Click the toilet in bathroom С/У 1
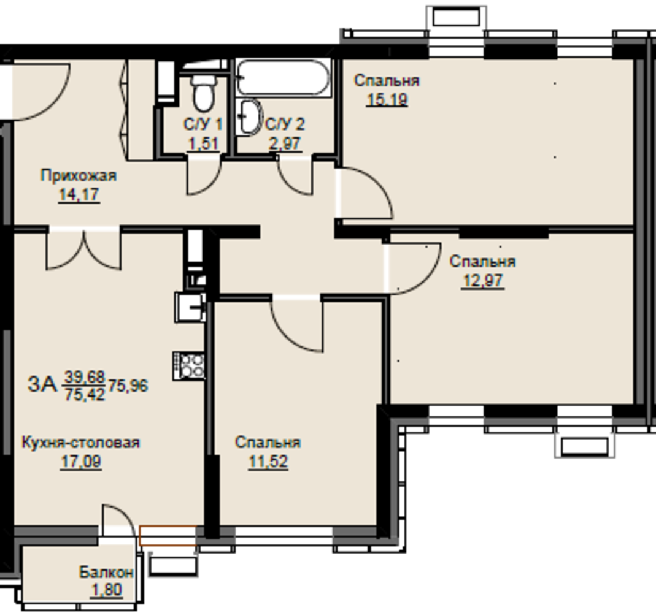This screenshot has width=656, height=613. [x=204, y=93]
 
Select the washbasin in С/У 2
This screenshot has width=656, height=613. [x=249, y=118]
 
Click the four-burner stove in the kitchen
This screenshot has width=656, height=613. [x=188, y=366]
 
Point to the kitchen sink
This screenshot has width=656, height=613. [x=190, y=307]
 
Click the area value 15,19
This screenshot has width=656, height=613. [x=387, y=100]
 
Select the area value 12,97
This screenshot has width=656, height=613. [x=483, y=280]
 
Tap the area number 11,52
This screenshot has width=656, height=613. [x=268, y=462]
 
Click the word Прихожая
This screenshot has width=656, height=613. [x=78, y=175]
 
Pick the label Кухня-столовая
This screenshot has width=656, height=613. [x=81, y=442]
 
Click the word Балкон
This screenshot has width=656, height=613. [x=106, y=572]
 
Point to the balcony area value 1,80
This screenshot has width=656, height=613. [x=107, y=590]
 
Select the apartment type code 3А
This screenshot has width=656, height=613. [x=42, y=384]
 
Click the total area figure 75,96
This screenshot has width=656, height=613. [x=128, y=386]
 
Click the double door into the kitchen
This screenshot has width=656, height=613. [x=84, y=249]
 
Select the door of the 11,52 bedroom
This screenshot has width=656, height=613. [x=297, y=324]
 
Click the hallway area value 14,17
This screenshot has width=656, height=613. [x=79, y=195]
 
